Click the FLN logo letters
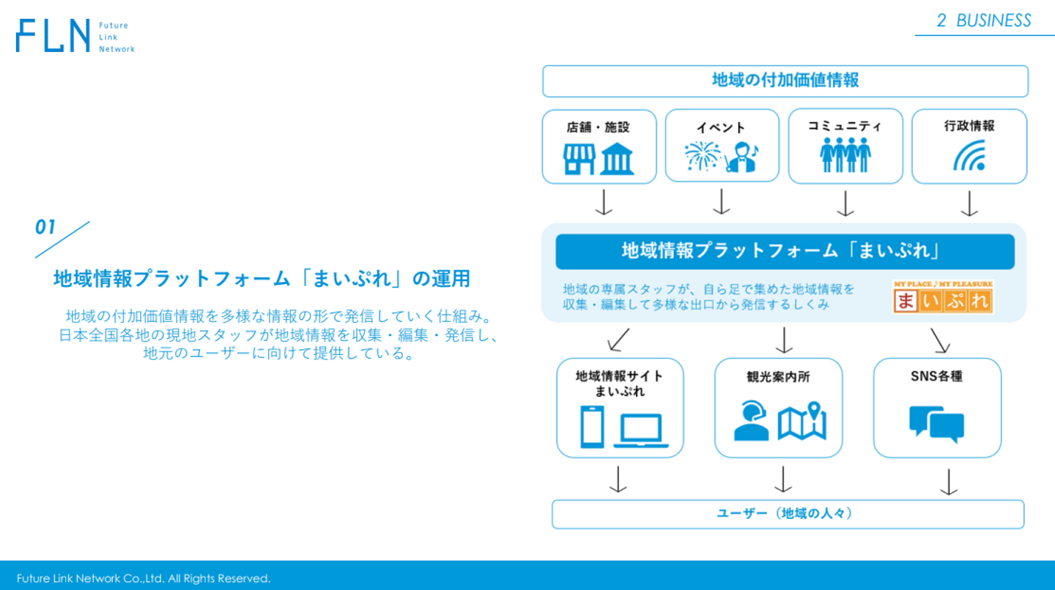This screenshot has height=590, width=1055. click(x=53, y=35)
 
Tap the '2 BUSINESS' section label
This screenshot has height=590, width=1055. click(x=984, y=20)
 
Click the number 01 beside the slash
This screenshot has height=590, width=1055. click(x=45, y=227)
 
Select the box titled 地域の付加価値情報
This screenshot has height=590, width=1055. click(x=785, y=81)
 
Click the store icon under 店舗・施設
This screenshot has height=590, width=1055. click(x=580, y=159)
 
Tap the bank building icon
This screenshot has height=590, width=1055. click(x=617, y=159)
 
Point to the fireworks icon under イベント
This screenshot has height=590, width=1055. click(x=702, y=156)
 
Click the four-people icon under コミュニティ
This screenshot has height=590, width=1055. click(x=845, y=154)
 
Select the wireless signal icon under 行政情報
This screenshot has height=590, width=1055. click(x=970, y=156)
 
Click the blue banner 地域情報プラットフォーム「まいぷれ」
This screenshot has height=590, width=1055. click(x=785, y=252)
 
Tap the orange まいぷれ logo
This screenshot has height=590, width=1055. click(x=943, y=297)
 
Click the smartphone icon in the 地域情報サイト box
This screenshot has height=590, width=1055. click(x=592, y=426)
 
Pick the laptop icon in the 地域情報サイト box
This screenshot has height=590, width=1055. click(x=640, y=430)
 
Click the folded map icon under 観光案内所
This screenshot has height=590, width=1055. click(x=802, y=421)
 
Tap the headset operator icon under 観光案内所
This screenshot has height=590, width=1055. click(x=751, y=421)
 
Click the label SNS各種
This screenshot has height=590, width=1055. click(x=936, y=376)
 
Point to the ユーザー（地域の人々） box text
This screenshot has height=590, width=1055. click(x=785, y=513)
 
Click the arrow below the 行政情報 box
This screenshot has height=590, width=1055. click(x=969, y=203)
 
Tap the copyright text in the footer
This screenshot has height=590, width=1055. click(x=144, y=578)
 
